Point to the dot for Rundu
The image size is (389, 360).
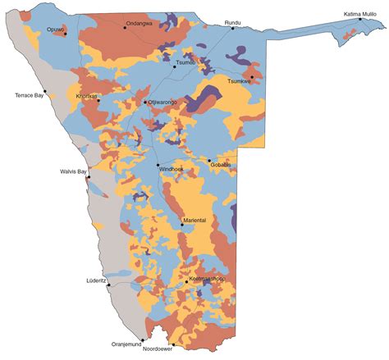point(232,29)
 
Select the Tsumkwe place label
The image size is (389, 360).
point(239,81)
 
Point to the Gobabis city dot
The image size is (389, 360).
point(209,161)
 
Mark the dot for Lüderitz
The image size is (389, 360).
point(108,285)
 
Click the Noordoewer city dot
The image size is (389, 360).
point(173,344)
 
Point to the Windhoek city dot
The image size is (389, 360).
point(158,166)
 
